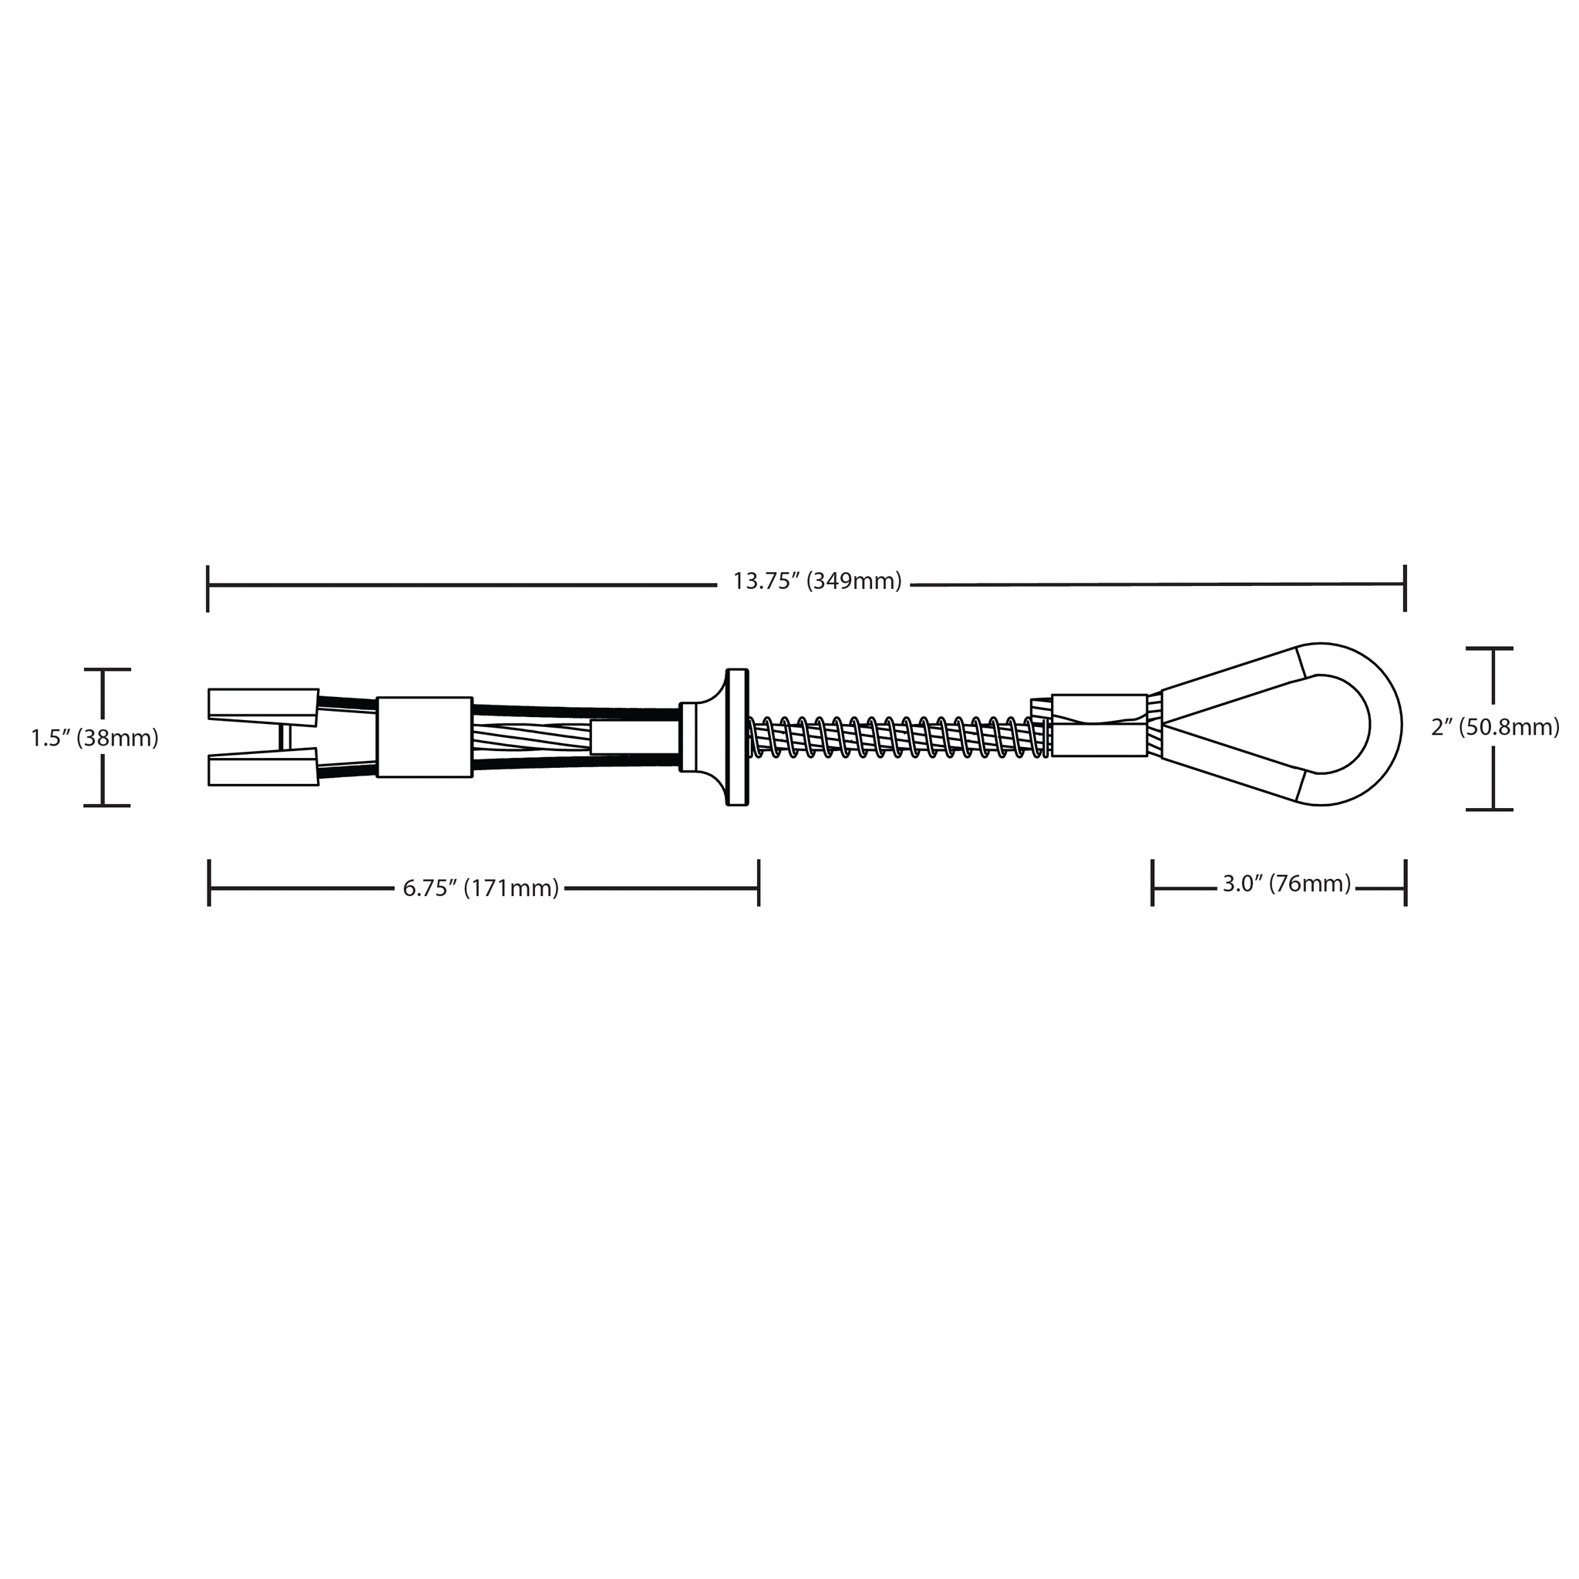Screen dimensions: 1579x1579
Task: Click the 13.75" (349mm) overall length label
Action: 816,582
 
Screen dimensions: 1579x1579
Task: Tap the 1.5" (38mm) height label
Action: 95,738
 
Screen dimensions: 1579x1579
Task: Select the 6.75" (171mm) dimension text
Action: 480,887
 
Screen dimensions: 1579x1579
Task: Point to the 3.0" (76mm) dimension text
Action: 1287,884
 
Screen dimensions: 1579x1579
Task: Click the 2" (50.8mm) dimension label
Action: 1495,727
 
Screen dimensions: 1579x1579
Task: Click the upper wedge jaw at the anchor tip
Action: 263,707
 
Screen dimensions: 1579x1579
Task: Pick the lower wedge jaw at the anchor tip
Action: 263,766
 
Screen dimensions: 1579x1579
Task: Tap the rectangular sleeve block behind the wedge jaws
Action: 424,736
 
